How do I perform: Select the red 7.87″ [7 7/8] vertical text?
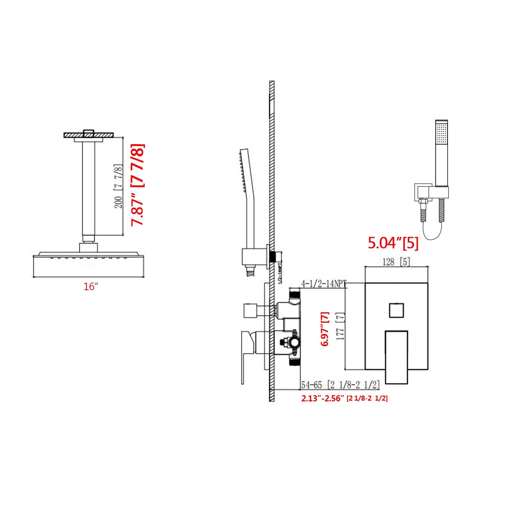click(138, 185)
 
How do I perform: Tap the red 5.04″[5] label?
click(393, 243)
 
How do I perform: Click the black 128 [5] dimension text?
click(396, 262)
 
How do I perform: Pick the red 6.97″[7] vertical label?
click(325, 329)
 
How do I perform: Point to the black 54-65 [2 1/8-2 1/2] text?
click(340, 385)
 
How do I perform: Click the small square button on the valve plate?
click(397, 310)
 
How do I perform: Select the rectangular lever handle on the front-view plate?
click(397, 357)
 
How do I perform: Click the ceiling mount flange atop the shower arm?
click(89, 135)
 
